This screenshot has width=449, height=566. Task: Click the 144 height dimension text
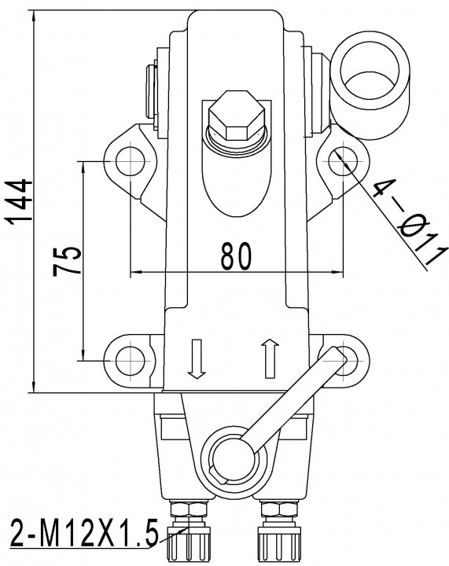(17, 201)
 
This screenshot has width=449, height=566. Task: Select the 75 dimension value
(66, 261)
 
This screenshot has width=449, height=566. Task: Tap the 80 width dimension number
(236, 256)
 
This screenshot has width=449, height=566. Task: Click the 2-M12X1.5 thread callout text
(84, 532)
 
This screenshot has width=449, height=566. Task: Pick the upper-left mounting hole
(131, 161)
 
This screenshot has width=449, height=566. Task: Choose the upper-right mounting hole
(343, 161)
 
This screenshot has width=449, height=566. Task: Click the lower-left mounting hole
(131, 360)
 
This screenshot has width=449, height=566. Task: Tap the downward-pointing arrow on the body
(197, 358)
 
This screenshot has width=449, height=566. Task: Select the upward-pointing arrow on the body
(270, 358)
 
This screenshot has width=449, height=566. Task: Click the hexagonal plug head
(237, 116)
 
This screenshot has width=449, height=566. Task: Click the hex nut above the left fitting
(189, 509)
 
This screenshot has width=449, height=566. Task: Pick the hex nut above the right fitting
(279, 509)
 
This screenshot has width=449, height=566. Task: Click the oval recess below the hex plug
(237, 177)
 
